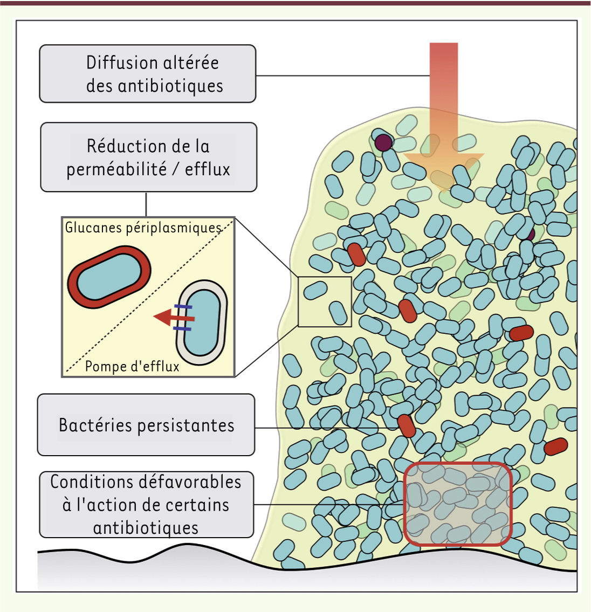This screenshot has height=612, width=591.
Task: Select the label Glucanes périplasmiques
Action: click(143, 228)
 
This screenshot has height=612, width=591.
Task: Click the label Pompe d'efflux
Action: click(132, 367)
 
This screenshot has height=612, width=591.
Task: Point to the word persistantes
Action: click(186, 425)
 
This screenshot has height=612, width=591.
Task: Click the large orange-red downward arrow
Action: click(444, 117)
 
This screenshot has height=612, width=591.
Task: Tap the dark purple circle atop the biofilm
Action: click(383, 143)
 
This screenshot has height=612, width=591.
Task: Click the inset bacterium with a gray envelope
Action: click(202, 322)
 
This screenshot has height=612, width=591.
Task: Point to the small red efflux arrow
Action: click(174, 317)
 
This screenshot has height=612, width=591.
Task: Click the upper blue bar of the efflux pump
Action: click(183, 307)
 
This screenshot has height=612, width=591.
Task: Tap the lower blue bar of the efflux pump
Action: click(182, 329)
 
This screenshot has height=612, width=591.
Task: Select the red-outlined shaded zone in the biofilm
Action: click(457, 504)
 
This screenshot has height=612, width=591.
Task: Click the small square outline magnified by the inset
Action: click(325, 302)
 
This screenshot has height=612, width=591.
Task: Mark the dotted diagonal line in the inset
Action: click(149, 296)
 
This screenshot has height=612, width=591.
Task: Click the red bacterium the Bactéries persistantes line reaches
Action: click(407, 426)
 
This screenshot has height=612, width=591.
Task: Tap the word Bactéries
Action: click(95, 425)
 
